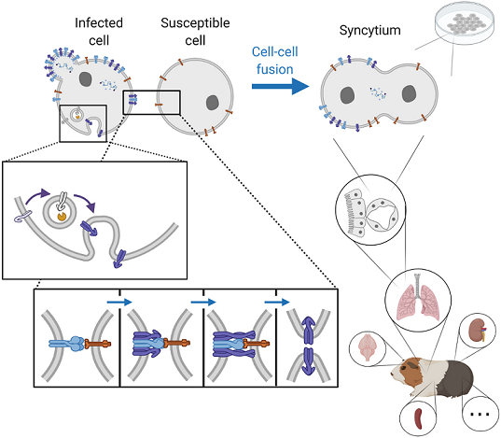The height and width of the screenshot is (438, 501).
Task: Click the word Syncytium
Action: [x=369, y=31]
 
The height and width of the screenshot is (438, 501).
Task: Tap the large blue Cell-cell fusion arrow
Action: [x=280, y=86]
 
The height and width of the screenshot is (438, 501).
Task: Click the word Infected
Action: [x=99, y=23]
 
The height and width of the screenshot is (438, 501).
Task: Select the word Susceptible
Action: [x=195, y=23]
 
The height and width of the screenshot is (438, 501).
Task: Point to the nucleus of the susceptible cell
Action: [x=213, y=103]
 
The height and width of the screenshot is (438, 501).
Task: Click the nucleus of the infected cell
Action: [x=85, y=79]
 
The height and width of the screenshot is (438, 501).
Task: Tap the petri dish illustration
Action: [x=465, y=23]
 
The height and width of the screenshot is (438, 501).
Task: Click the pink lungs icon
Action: [x=418, y=302]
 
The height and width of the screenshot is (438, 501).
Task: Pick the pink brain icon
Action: [x=368, y=347]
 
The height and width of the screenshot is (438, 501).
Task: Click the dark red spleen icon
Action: [x=418, y=418]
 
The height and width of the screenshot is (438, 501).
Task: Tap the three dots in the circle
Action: [x=480, y=415]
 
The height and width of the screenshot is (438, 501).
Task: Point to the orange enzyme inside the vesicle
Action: [x=62, y=217]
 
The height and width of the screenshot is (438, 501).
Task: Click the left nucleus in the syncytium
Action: [x=347, y=95]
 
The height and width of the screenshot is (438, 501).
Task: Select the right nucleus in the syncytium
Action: [x=409, y=93]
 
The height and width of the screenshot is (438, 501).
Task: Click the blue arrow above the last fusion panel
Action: [x=277, y=302]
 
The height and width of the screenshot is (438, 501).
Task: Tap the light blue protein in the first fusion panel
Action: [x=67, y=344]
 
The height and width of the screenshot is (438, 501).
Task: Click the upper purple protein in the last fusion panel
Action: [x=308, y=330]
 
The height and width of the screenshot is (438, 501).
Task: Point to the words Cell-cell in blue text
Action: [x=275, y=51]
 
